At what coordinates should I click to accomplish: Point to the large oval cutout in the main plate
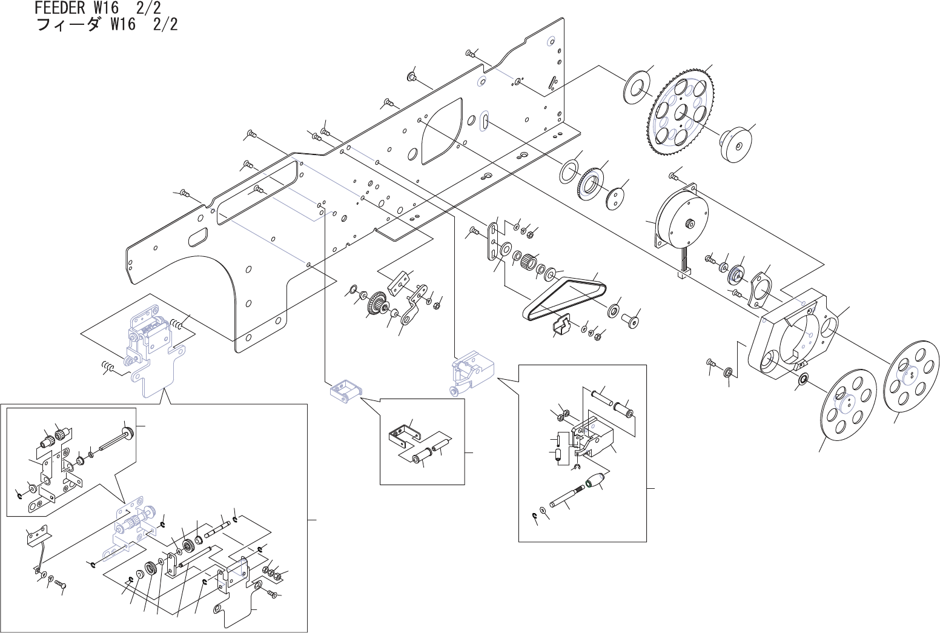tap(441, 134)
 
